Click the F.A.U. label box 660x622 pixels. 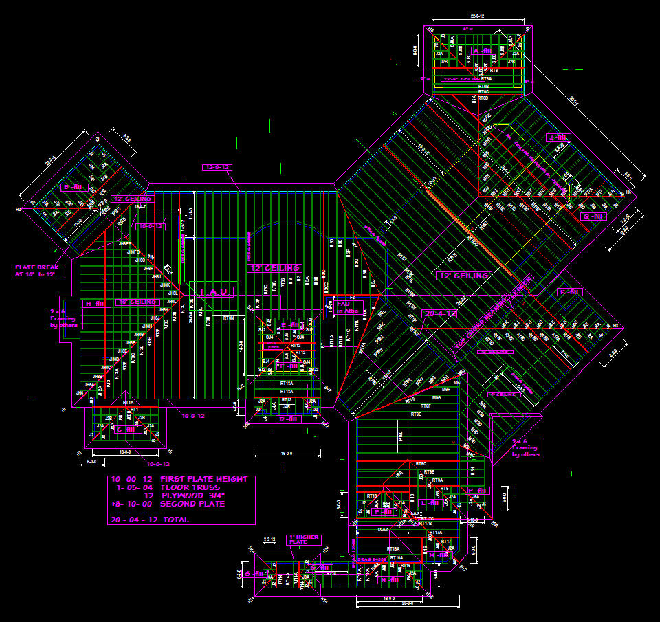click(215, 292)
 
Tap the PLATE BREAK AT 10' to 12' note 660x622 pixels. click(39, 271)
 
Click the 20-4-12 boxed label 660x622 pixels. click(440, 313)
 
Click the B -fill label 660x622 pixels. click(72, 187)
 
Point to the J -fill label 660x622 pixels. click(555, 137)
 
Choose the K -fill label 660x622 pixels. click(570, 292)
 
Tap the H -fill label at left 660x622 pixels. click(92, 303)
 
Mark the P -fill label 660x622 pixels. click(386, 512)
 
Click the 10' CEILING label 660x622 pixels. click(137, 302)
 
